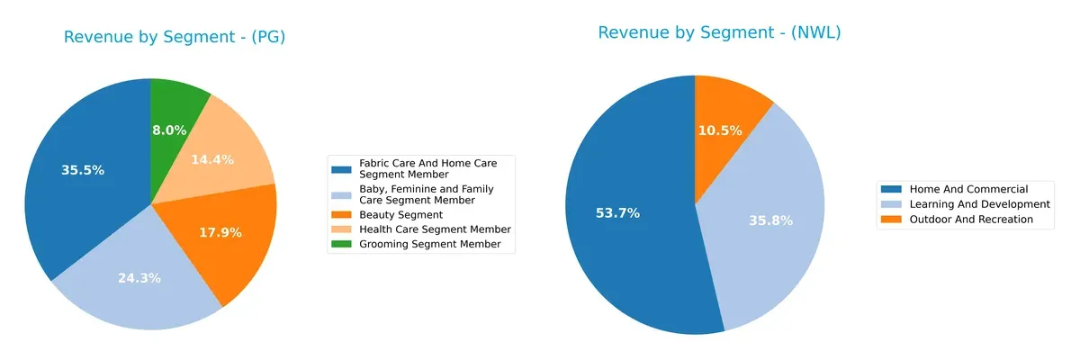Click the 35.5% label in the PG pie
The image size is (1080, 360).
(82, 170)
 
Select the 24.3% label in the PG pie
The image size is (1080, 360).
(139, 278)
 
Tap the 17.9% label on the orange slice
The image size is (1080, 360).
(220, 232)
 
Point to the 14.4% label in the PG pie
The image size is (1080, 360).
(212, 159)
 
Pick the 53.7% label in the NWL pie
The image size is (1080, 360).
(617, 213)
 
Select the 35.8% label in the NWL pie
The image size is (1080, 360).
(771, 220)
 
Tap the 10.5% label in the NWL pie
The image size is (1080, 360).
(720, 130)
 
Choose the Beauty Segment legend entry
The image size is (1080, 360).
(400, 215)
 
